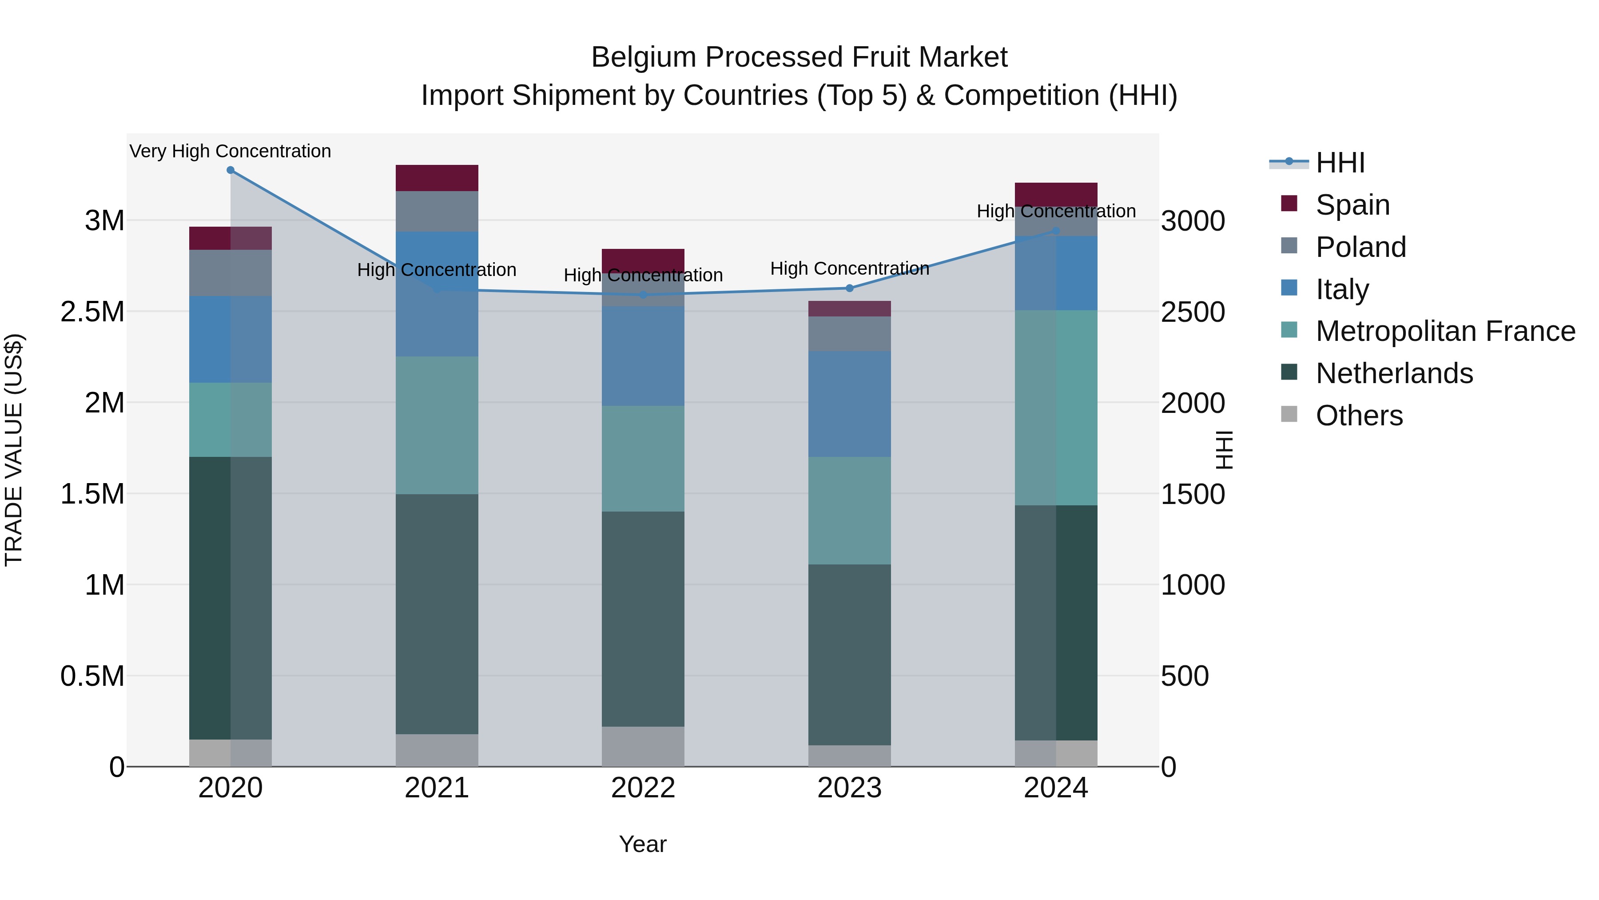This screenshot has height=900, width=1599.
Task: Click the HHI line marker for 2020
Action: coord(230,170)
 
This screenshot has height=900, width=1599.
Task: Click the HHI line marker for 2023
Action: coord(850,288)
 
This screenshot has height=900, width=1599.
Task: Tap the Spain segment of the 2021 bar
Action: coord(437,178)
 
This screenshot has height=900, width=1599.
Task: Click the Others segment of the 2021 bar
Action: coord(437,750)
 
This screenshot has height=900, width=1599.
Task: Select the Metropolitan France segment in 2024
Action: coord(1056,408)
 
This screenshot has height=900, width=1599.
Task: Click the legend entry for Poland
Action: coord(1360,247)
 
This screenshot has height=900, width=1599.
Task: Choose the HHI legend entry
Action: coord(1340,163)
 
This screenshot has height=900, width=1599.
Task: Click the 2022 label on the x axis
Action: coord(643,788)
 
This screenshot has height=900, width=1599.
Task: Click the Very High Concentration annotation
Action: coord(230,151)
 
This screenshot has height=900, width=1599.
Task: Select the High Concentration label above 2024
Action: coord(1056,211)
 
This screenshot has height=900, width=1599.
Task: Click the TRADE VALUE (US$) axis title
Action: coord(14,450)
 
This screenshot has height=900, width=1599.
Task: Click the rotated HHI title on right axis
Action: coord(1224,450)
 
